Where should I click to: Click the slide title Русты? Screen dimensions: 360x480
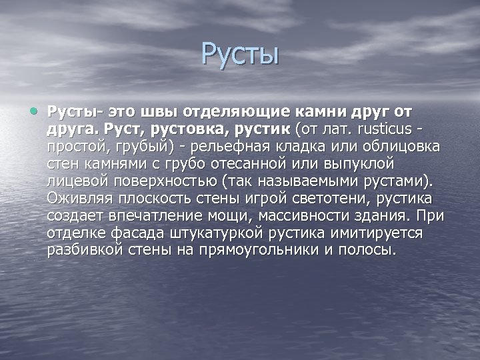coord(240,54)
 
